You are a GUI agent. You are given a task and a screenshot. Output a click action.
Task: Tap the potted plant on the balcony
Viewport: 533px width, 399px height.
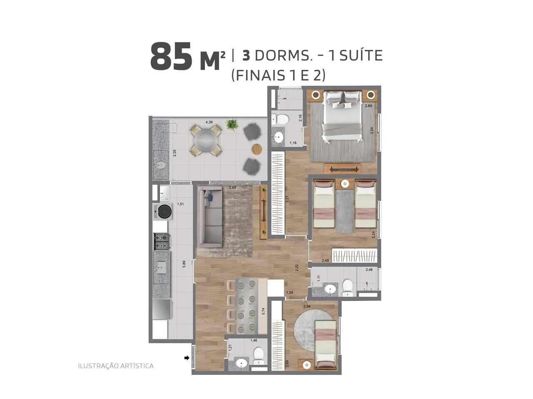coord(232,125)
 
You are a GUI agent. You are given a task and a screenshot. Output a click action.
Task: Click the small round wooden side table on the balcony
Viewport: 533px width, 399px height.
coord(257,149)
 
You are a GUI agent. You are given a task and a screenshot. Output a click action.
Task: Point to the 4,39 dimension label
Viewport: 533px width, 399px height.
coord(209,122)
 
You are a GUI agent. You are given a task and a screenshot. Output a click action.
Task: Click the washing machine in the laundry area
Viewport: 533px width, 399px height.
coord(162,212)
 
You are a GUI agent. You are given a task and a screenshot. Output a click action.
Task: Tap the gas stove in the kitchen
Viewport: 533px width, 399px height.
coord(162,241)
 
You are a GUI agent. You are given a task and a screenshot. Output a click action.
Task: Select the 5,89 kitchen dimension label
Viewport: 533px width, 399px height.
coord(184,264)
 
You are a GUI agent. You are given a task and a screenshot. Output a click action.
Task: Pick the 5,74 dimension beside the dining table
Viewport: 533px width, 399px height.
coord(263,311)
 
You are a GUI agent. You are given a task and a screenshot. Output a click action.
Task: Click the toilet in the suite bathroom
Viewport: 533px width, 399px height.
coord(281,119)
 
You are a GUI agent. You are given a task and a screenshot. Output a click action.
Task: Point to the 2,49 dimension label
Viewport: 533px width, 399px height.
coord(325,261)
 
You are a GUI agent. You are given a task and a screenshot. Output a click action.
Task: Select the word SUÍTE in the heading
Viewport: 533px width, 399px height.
coord(361,55)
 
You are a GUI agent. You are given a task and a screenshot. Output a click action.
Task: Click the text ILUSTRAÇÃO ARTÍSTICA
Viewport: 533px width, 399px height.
coord(116,366)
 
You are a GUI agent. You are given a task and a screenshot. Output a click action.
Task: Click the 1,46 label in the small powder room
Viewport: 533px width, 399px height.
coord(254,340)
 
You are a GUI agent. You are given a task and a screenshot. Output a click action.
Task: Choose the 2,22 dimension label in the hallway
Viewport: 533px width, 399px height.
coord(297,268)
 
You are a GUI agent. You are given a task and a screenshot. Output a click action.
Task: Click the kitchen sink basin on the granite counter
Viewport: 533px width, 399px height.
coord(160,267)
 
